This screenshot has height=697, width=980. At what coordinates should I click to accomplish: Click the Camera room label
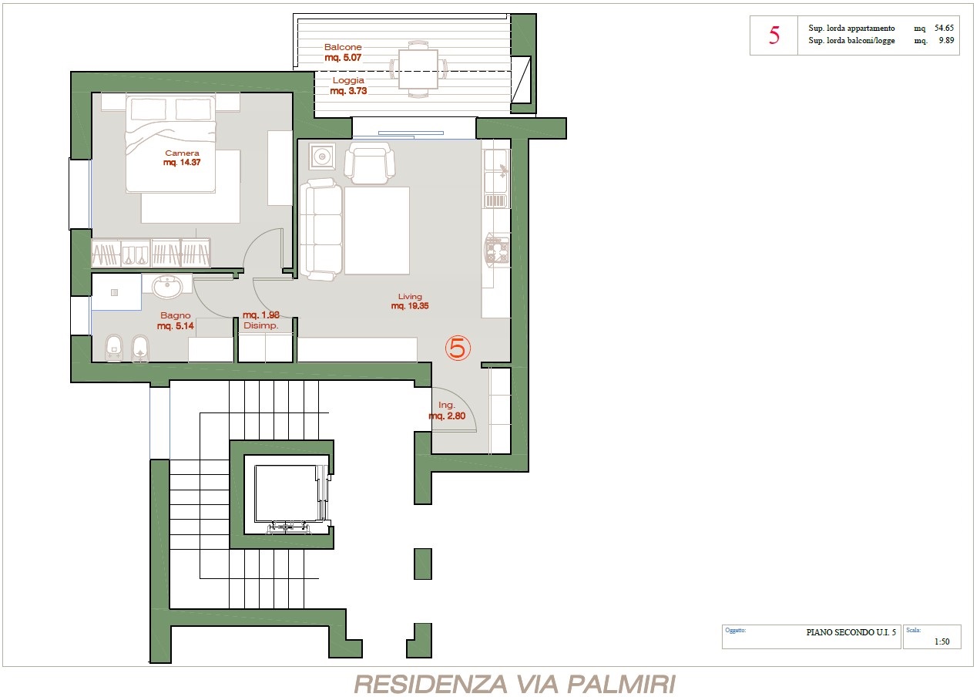point(182,153)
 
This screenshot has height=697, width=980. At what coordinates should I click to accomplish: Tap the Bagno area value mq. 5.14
point(176,325)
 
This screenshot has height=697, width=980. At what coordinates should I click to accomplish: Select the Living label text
point(410,296)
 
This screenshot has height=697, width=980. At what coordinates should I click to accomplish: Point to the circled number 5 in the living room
point(458,348)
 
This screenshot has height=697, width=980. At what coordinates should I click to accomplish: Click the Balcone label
point(343,47)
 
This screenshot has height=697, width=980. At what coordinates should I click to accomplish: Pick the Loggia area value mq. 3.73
point(348,91)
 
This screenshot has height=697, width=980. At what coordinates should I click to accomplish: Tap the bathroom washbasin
point(167,287)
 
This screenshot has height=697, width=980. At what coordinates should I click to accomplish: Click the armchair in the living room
point(370,163)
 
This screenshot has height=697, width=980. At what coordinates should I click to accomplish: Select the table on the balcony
point(418,69)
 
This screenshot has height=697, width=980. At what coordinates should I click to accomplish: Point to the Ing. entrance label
point(447,406)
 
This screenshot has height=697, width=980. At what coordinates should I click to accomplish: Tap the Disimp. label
point(260,325)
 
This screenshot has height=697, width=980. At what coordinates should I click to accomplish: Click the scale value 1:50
point(942,641)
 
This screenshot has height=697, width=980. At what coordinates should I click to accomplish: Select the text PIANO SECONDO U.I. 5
point(851,632)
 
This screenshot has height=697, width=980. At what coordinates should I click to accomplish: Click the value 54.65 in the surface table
point(944,28)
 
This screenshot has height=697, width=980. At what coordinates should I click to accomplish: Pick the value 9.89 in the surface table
point(946,40)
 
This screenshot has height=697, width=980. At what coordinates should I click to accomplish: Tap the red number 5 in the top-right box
point(774,35)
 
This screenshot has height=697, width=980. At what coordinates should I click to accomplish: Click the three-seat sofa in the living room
point(321,229)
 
